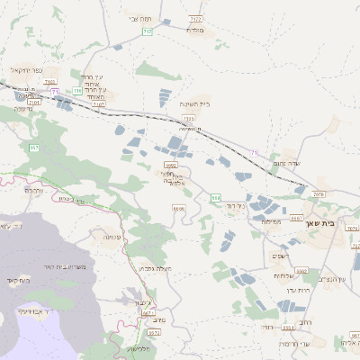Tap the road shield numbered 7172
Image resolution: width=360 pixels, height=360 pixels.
click(x=196, y=17)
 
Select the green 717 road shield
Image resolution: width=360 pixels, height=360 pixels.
click(x=147, y=31)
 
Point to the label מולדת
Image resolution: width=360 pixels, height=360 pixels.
click(x=196, y=30)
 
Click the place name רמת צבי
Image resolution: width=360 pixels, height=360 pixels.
click(x=139, y=18)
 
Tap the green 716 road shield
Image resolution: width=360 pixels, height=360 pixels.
click(x=77, y=91)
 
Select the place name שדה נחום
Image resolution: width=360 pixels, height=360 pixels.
click(x=285, y=164)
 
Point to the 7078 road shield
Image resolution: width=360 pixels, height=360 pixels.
click(x=317, y=193)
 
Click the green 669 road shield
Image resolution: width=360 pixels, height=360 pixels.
click(x=215, y=196)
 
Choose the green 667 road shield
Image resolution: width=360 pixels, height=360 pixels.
click(x=34, y=147)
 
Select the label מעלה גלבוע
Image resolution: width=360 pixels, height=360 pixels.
click(x=157, y=268)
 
